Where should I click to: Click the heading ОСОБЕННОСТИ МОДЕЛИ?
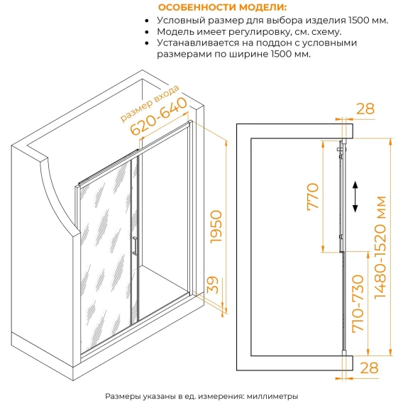point(222,7)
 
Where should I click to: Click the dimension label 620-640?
point(159,116)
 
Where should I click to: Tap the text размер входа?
point(150,103)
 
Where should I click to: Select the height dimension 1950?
point(216,226)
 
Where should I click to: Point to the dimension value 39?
point(213,285)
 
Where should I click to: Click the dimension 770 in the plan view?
point(313,197)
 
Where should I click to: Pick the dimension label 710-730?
point(358,304)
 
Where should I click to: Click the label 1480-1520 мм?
point(380,248)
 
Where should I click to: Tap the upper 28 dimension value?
point(365,109)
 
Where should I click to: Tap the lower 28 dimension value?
point(370,368)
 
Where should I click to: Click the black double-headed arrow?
point(355,197)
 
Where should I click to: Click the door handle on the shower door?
point(135,246)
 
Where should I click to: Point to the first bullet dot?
point(147,21)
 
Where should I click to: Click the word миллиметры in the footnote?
point(272,396)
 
